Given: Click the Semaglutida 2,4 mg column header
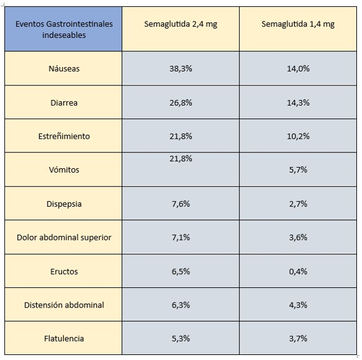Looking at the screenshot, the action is tap(181, 24).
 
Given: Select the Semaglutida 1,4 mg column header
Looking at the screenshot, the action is tap(298, 24).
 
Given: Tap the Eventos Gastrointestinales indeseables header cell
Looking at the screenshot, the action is tap(64, 30).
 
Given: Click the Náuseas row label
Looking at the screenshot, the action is tap(64, 68).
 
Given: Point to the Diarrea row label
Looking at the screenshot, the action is tap(64, 102).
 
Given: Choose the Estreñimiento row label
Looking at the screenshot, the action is tap(64, 136).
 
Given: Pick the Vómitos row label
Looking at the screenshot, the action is tap(64, 170).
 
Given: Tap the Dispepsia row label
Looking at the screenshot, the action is tap(64, 204).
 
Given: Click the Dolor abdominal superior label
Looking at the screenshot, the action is tap(64, 237).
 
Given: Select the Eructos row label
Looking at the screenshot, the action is tap(64, 271).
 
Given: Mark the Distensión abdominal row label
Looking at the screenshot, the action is tap(64, 305).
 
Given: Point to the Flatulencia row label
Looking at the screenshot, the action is tap(64, 338).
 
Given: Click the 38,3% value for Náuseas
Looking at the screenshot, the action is tap(181, 68).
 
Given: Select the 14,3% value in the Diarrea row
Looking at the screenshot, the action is tap(298, 102).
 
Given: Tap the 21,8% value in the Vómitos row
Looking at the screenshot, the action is tap(181, 159).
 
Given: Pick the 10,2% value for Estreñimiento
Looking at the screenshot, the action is tap(298, 136).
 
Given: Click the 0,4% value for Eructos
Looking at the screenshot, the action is tap(298, 271).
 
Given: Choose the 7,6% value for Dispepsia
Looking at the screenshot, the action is tap(181, 204).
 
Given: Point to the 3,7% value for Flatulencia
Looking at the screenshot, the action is tap(298, 338).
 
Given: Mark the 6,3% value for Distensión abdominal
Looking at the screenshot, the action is tap(181, 305).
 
